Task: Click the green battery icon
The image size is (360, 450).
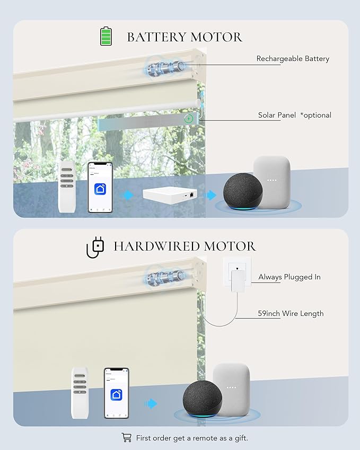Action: point(106,36)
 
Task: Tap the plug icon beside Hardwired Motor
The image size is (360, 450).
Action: point(95,248)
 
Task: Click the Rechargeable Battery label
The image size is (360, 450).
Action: point(293,59)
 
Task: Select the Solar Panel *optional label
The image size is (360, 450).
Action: point(295,115)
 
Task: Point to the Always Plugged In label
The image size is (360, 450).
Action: point(289,277)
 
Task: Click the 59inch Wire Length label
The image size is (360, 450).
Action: point(291,313)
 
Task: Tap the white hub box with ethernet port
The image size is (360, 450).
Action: point(170,195)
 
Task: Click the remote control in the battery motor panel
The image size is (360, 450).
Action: point(67,187)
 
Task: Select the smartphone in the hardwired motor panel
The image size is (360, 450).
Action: point(116,393)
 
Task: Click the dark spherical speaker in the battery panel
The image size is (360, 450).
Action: point(243,191)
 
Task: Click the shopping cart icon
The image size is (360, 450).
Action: point(127,437)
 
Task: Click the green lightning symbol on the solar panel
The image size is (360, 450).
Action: point(189,118)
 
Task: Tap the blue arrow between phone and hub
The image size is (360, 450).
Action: point(127,195)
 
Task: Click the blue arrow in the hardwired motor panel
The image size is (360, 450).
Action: point(151,403)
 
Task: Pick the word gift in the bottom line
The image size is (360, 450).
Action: point(241,438)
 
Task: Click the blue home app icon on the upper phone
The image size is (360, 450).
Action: point(100,189)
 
